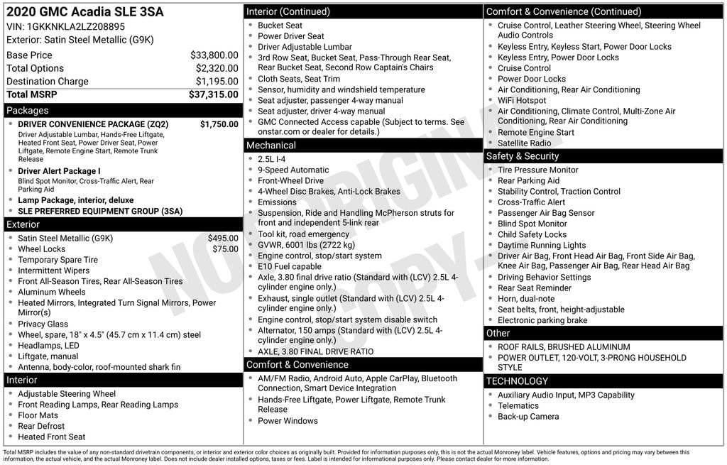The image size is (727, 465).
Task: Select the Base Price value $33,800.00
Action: tap(214, 55)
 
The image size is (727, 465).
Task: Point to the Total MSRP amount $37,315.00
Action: tap(213, 94)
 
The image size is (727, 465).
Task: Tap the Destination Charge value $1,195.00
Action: tap(217, 82)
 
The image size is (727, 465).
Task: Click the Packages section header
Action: tap(28, 111)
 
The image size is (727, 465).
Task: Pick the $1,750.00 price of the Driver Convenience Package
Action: tap(219, 124)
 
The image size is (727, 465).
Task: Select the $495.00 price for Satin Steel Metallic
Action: tap(223, 239)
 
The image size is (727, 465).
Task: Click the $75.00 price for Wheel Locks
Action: tap(225, 249)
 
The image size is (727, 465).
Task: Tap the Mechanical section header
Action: tap(270, 146)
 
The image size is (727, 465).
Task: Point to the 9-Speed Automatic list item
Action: tap(293, 170)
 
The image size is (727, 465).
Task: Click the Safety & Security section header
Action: tap(522, 156)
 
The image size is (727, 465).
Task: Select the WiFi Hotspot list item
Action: tap(522, 101)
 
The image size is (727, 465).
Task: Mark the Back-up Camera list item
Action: tap(528, 417)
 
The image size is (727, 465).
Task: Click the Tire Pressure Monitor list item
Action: tap(537, 170)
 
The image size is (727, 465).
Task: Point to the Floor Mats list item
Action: tap(39, 415)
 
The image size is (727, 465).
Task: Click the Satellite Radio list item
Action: tap(524, 143)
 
